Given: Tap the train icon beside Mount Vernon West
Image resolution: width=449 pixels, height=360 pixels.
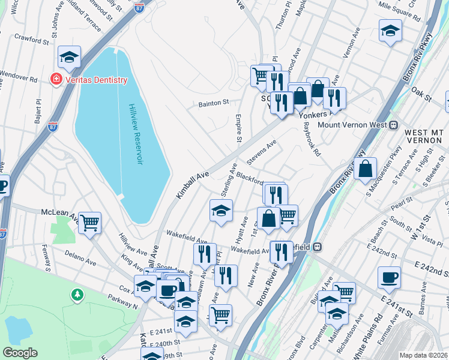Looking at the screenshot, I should click(x=394, y=125).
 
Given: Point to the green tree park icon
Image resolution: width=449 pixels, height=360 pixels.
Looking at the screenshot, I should click(x=77, y=295).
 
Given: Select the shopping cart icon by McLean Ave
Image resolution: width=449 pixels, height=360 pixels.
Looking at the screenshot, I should click(x=90, y=223).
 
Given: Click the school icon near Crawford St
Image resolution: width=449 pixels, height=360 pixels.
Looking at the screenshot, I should click(x=70, y=57).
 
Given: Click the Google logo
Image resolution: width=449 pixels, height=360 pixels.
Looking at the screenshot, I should click(x=20, y=353).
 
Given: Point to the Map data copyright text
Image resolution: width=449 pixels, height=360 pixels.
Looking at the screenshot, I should click(x=423, y=355).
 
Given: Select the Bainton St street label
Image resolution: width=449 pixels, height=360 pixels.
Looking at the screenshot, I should click(x=214, y=103).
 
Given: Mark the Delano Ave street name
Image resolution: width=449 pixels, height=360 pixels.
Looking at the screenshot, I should click(x=80, y=257).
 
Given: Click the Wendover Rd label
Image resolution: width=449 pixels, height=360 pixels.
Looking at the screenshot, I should click(x=19, y=79).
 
